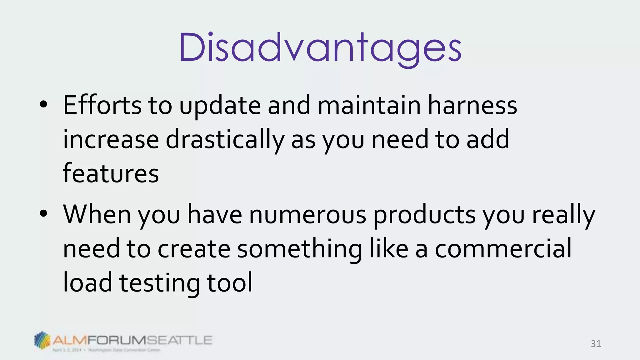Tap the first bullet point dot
(43, 105)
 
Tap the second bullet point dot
(43, 214)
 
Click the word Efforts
(102, 105)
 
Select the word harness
(472, 105)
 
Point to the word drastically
(225, 140)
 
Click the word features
(111, 173)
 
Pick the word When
(97, 215)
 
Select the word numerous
(307, 215)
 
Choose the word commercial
(503, 249)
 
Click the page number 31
(596, 344)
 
